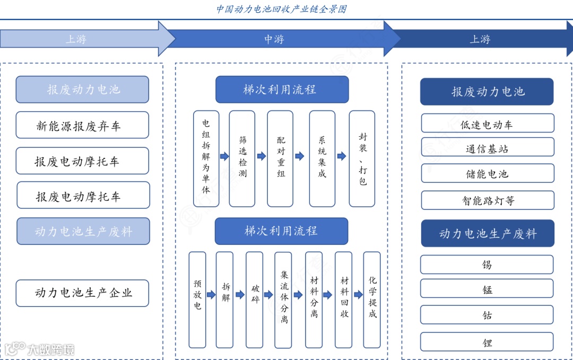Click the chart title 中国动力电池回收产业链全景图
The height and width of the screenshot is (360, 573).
coord(282,9)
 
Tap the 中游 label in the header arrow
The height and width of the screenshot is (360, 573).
coord(274,39)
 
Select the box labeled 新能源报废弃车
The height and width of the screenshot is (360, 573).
coord(82,126)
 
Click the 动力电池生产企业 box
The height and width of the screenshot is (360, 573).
coord(82,293)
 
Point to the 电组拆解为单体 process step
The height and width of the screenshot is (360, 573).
coord(206,159)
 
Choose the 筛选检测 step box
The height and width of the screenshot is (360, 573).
coord(242,159)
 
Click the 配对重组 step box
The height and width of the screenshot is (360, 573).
coord(280,159)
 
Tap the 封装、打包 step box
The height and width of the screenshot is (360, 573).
coord(362,159)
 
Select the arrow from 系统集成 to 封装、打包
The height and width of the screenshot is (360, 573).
coord(342,156)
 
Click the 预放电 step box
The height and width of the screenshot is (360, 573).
coord(197,300)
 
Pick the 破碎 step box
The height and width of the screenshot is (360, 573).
coord(255,300)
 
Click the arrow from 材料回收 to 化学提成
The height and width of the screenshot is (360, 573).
coord(358,295)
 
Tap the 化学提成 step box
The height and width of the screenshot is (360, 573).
coord(372,300)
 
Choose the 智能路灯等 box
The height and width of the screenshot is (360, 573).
coord(487,200)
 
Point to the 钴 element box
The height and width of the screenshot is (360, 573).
coord(487,315)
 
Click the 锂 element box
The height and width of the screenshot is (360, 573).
coord(487,343)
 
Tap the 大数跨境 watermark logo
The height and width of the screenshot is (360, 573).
coord(39,348)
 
